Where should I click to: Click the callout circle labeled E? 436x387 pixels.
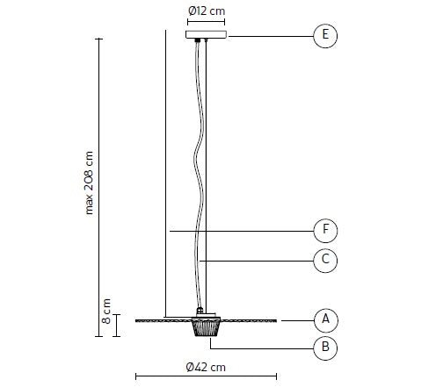coord(325,35)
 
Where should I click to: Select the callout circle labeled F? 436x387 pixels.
coord(325,231)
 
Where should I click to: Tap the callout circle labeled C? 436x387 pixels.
coord(325,260)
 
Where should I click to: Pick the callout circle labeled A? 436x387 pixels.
coord(325,318)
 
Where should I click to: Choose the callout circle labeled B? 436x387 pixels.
coord(325,348)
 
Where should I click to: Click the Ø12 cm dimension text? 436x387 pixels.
coord(207,11)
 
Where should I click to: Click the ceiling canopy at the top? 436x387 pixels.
coord(207,35)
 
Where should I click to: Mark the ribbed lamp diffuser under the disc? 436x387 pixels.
coord(207,328)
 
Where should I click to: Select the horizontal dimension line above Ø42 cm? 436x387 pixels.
coord(207,377)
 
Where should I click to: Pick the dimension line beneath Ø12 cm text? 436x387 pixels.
coord(207,22)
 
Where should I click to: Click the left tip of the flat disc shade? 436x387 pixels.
coord(136,320)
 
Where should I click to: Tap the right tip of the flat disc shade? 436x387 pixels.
coord(279,320)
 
